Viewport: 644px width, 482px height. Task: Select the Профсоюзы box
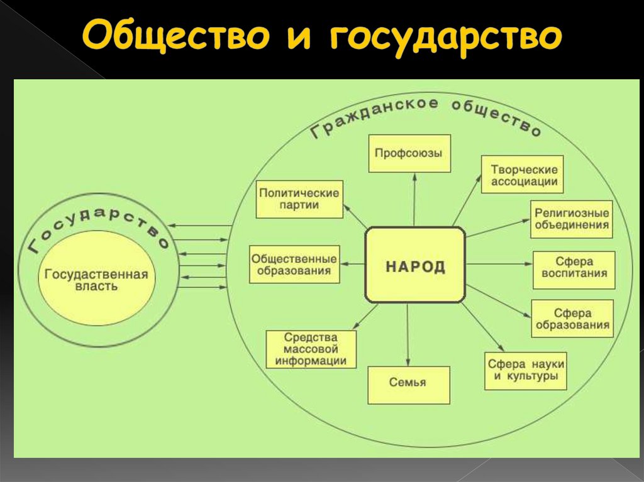409,153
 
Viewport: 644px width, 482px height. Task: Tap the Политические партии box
299,199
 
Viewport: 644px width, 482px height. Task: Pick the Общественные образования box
294,264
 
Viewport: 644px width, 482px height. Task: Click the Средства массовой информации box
311,349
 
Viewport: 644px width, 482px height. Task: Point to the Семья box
409,384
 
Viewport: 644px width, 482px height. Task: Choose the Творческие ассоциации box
522,175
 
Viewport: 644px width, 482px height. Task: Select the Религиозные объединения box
572,219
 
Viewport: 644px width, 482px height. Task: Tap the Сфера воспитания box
574,269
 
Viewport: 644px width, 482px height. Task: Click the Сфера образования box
572,318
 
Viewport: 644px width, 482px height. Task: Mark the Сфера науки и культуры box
526,371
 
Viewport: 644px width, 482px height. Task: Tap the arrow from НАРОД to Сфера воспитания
499,264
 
